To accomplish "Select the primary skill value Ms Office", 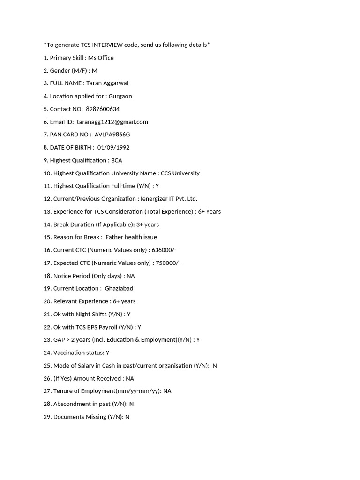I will (x=101, y=58).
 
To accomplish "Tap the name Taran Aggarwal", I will (x=107, y=83).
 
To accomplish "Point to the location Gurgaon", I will (x=120, y=96).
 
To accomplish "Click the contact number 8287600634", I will (x=103, y=109).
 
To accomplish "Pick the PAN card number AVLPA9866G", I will (x=112, y=135).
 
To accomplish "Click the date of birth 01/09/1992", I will (x=113, y=147).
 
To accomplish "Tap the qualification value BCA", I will (x=116, y=160).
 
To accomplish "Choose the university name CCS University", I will (x=180, y=173).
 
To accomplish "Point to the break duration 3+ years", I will (x=148, y=225).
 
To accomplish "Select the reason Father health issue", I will (x=131, y=237).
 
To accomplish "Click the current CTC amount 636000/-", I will (x=164, y=250).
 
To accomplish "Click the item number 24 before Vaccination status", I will (x=47, y=352).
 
